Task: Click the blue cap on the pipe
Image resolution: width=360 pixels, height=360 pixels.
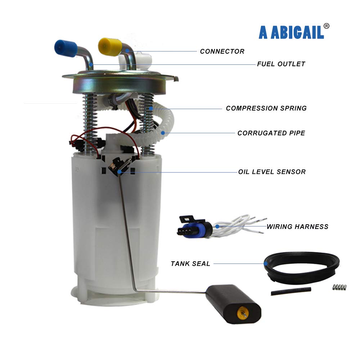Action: point(66,48)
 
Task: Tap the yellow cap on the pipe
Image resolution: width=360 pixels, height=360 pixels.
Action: point(109,46)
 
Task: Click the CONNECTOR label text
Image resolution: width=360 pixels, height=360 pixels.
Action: point(222,51)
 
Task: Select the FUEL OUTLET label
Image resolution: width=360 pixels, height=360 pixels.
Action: point(281,64)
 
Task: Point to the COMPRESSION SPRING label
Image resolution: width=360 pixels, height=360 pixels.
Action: point(266,108)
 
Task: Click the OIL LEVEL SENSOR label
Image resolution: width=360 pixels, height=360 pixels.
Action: point(272,172)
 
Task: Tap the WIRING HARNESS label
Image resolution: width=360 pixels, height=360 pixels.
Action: point(297,226)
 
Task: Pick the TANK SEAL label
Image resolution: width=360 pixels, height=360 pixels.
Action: point(190,264)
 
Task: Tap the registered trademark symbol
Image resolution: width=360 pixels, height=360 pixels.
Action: point(326,26)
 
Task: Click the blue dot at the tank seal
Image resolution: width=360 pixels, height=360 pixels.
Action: point(266,264)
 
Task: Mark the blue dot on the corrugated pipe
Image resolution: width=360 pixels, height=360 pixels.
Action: point(163,133)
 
